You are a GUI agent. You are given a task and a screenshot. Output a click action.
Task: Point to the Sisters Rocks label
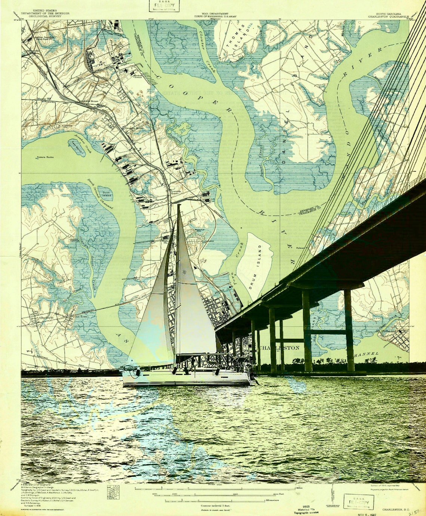point(45,157)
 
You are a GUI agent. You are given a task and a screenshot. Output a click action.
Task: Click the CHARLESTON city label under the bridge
point(280,348)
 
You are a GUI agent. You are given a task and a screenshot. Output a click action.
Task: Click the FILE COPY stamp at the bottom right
point(358,501)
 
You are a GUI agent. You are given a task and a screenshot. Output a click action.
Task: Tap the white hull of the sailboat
point(187,378)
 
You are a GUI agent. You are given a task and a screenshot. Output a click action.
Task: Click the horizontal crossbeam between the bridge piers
point(328,332)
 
